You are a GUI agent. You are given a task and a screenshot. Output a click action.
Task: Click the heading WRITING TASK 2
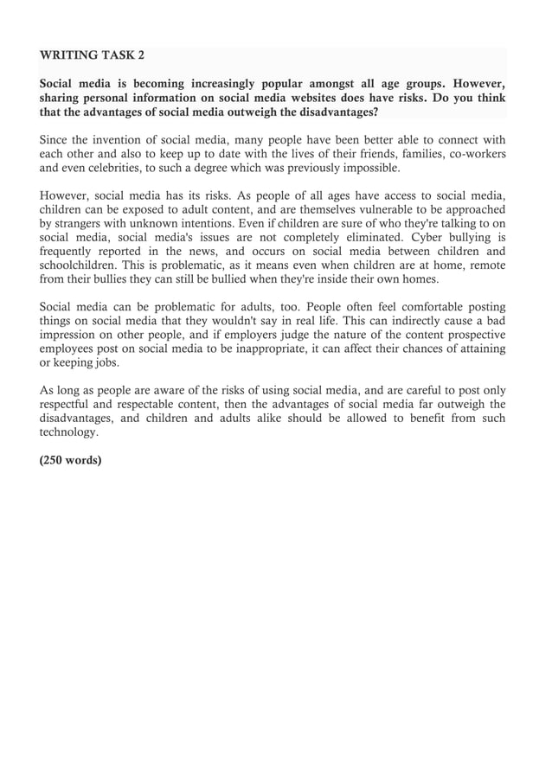click(93, 55)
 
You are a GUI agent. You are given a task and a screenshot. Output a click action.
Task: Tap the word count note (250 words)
click(71, 459)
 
